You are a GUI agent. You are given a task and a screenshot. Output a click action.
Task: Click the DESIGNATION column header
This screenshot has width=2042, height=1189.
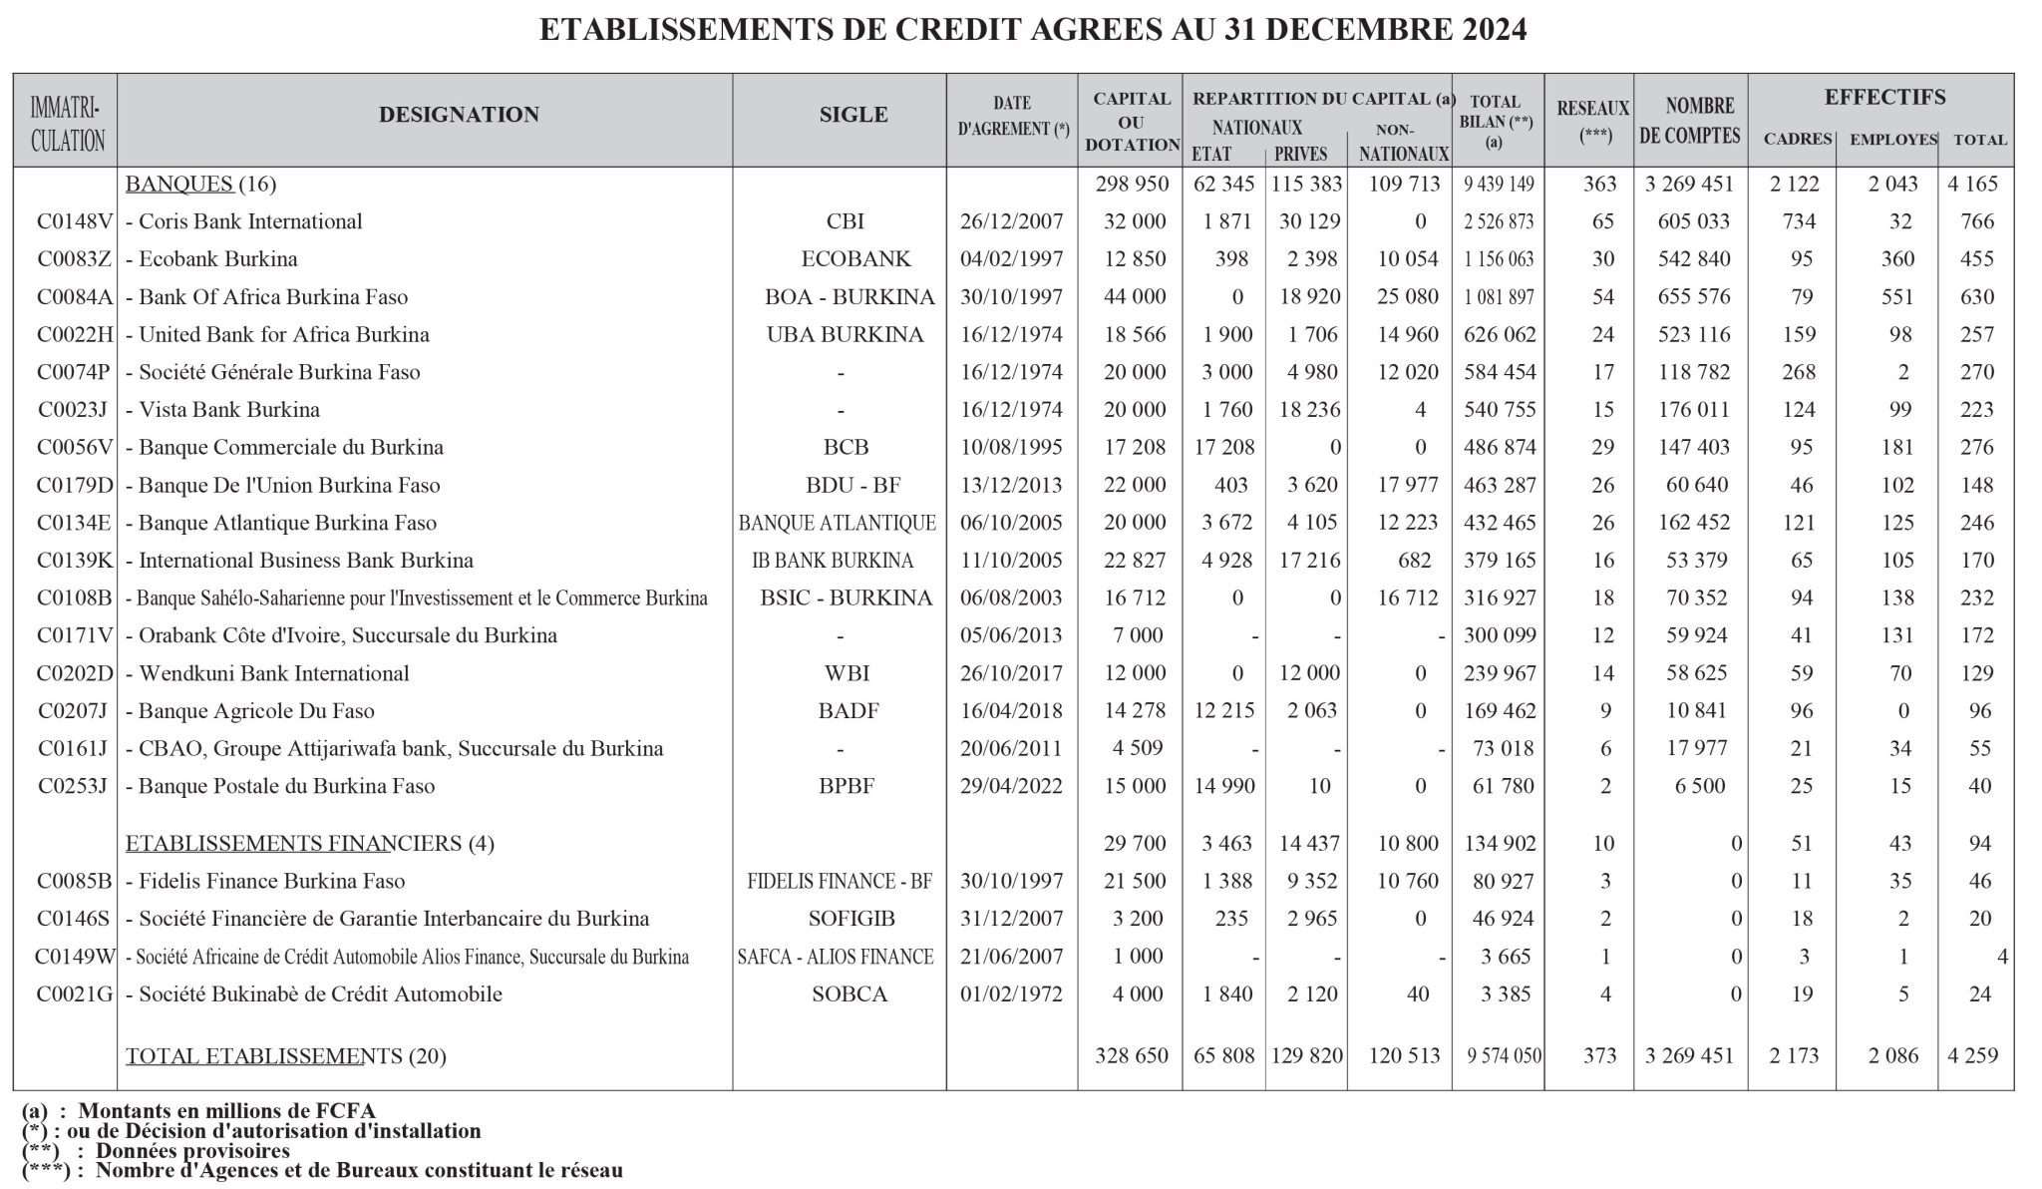[x=459, y=115]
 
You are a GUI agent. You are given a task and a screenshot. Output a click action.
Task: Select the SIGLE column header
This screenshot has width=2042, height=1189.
[x=853, y=115]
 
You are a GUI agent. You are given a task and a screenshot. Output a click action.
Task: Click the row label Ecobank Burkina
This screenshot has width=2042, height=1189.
[x=217, y=259]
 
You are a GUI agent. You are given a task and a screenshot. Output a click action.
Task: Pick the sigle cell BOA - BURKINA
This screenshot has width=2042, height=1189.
[x=850, y=297]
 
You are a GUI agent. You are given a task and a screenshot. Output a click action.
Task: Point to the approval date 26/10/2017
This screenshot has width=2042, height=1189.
[x=1011, y=673]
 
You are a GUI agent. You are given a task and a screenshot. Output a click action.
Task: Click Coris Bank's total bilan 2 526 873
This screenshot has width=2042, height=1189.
[x=1499, y=221]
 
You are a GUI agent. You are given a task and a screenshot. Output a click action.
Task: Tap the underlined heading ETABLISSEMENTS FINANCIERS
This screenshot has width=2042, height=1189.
[x=293, y=844]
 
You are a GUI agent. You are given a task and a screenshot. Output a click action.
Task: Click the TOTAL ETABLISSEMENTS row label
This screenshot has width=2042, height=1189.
[x=264, y=1056]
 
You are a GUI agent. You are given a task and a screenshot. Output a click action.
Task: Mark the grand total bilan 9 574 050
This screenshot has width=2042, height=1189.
[x=1504, y=1056]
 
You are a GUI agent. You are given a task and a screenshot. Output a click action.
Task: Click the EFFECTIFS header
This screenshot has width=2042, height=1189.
[x=1884, y=98]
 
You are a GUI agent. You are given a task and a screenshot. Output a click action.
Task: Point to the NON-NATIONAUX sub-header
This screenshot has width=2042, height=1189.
[x=1403, y=143]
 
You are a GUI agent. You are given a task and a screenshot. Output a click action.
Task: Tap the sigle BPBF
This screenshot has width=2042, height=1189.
[x=847, y=786]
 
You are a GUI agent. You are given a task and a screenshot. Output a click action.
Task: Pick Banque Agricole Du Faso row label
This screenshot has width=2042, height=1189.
[x=256, y=711]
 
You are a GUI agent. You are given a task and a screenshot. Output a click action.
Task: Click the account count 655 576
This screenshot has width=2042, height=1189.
[x=1695, y=297]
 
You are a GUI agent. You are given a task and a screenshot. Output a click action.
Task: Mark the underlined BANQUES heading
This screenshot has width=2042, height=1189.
[x=179, y=184]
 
